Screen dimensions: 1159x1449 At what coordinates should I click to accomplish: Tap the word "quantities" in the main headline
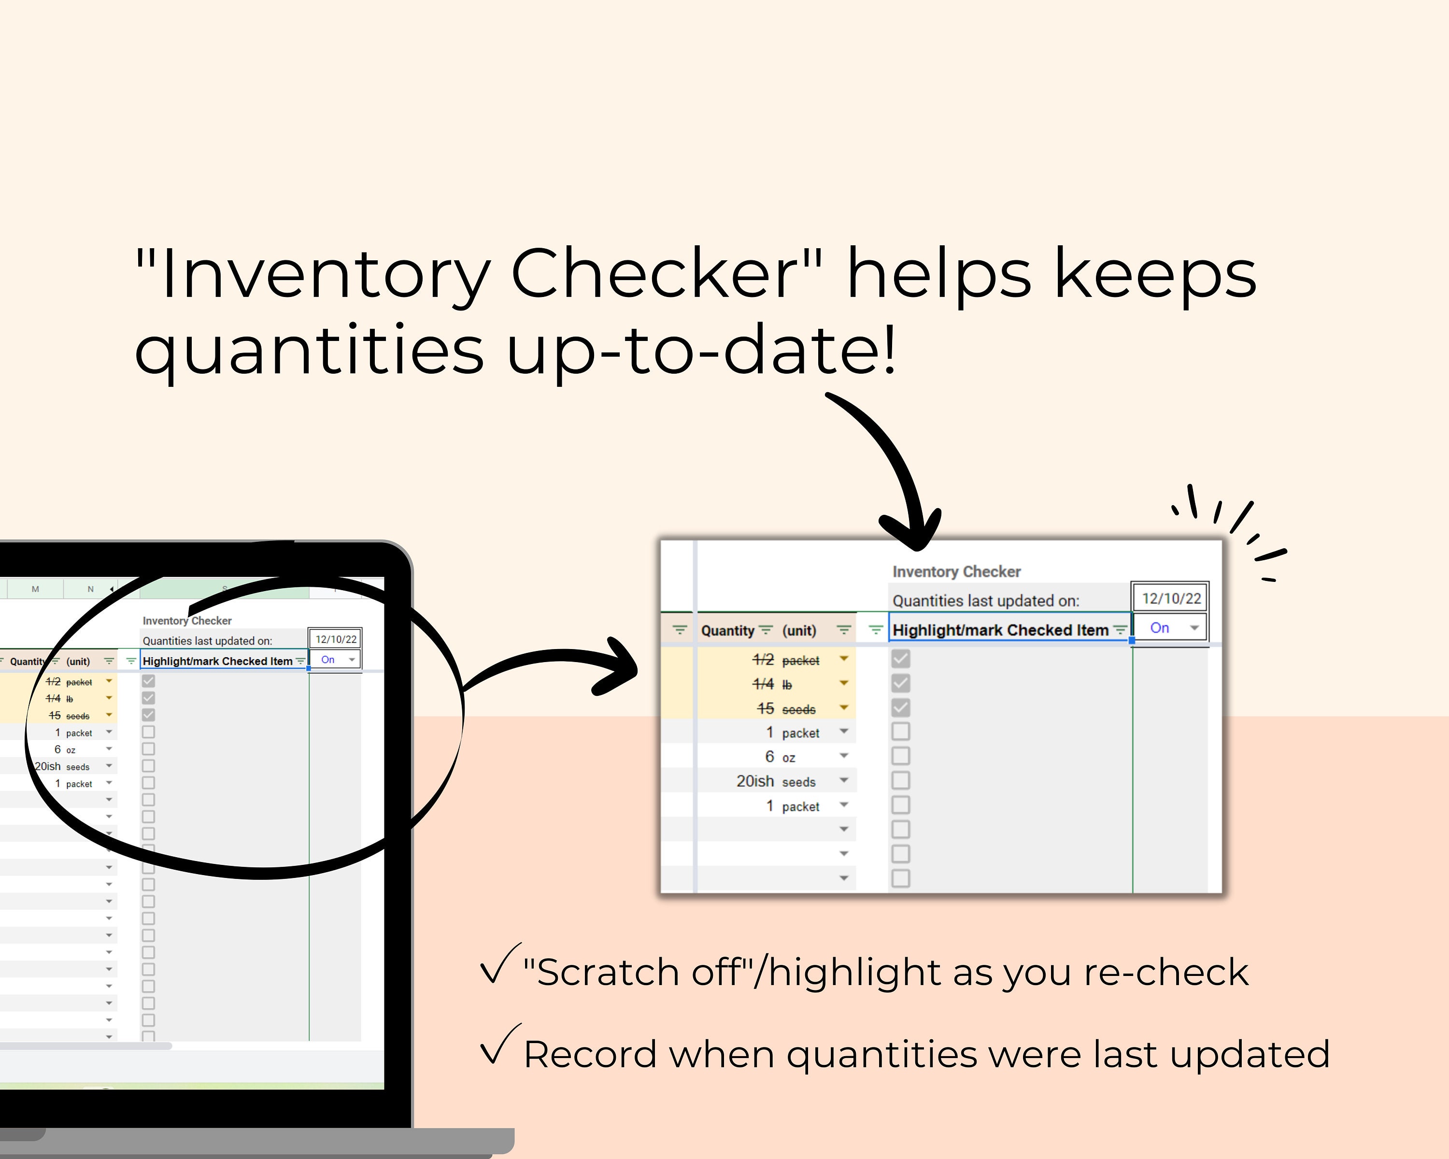[309, 349]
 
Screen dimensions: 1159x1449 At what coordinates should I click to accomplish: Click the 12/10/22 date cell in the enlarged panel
[1171, 598]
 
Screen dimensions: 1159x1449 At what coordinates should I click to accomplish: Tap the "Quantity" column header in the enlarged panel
[727, 630]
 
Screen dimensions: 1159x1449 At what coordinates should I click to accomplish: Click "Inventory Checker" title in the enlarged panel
[956, 572]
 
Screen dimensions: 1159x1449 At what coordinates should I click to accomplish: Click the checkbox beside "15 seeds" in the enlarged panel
[901, 707]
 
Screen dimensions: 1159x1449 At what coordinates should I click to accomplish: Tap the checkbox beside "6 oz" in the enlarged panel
[901, 756]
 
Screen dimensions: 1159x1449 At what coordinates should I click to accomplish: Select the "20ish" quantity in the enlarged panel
[755, 781]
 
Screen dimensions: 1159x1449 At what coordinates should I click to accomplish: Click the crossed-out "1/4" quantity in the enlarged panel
[763, 684]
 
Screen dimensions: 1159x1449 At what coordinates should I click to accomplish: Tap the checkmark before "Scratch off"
[498, 965]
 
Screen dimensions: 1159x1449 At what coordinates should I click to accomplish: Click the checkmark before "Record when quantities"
[498, 1046]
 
